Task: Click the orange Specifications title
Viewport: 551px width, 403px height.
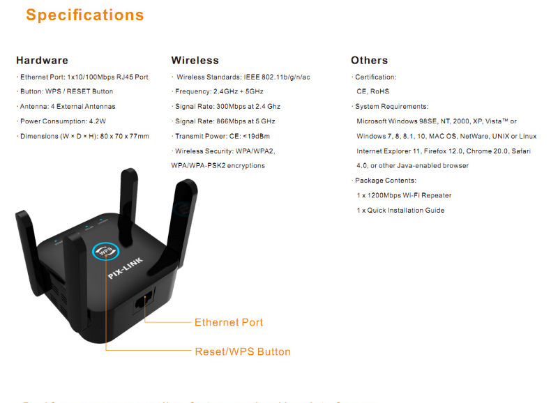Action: pyautogui.click(x=85, y=15)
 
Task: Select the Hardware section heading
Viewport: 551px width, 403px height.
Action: pyautogui.click(x=42, y=61)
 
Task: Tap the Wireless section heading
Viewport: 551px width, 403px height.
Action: pyautogui.click(x=195, y=61)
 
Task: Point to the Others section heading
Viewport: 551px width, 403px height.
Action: pyautogui.click(x=369, y=61)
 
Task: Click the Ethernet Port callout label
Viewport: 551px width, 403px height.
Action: pyautogui.click(x=229, y=322)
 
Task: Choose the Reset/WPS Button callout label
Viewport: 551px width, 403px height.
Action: pyautogui.click(x=243, y=351)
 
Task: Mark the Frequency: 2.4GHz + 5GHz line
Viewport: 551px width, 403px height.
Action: pyautogui.click(x=219, y=92)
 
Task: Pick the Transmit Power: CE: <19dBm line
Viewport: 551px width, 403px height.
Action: pyautogui.click(x=222, y=136)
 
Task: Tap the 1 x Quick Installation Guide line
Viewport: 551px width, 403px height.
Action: pyautogui.click(x=400, y=211)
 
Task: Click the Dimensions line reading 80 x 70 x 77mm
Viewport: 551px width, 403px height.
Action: pyautogui.click(x=83, y=136)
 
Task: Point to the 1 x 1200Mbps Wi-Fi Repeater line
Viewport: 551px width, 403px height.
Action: pyautogui.click(x=404, y=195)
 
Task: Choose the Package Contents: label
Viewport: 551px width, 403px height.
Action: pyautogui.click(x=385, y=181)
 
